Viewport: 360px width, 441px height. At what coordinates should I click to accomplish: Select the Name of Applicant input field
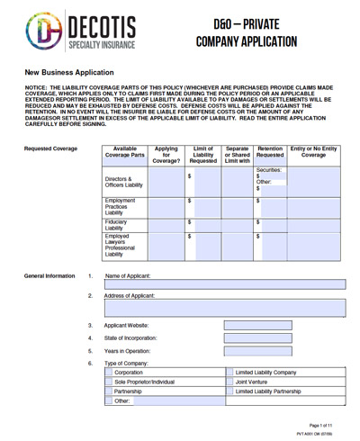[226, 284]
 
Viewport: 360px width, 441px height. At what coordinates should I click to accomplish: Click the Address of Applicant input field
[226, 308]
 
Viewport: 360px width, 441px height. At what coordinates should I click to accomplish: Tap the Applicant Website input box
[257, 325]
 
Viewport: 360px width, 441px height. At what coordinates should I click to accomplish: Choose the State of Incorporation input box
[257, 338]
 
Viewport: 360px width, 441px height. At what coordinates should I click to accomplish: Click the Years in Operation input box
[257, 351]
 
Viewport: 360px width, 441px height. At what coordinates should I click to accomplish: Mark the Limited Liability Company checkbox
[229, 372]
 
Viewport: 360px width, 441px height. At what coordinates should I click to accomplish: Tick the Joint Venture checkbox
[229, 382]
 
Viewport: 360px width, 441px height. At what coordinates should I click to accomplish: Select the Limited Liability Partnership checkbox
[229, 391]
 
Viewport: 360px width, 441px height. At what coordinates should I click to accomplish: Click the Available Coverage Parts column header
[125, 152]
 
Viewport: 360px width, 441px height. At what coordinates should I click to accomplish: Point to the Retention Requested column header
[270, 152]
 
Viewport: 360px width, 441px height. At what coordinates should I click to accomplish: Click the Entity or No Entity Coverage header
[314, 152]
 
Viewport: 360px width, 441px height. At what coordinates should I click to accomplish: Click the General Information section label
[50, 276]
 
